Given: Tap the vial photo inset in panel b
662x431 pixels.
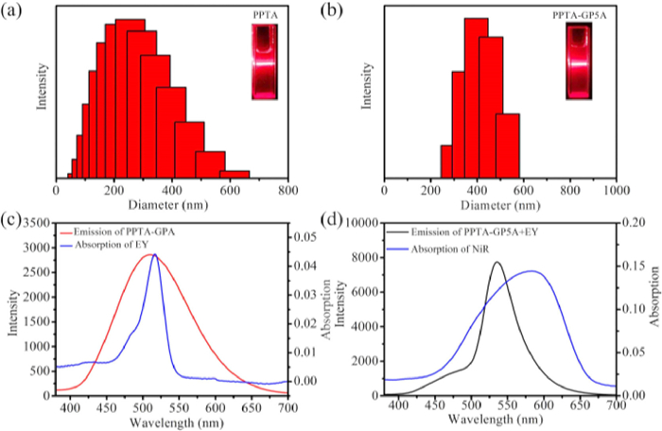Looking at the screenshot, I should click(578, 62).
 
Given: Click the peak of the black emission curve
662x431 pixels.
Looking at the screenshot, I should click(497, 263).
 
